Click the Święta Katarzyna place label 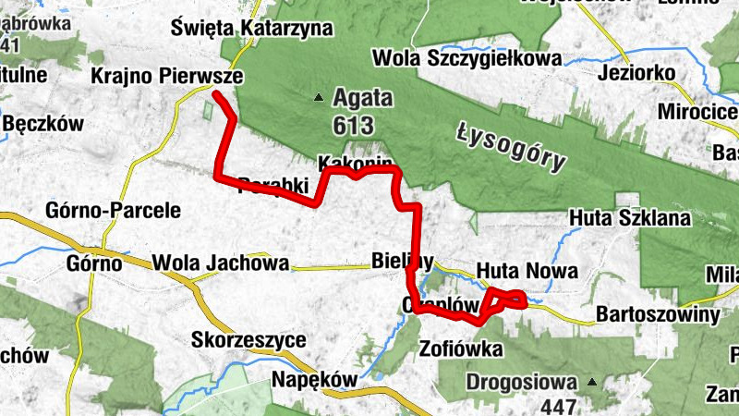click(x=251, y=29)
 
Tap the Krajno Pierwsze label click(x=167, y=77)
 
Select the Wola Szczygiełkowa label click(x=466, y=58)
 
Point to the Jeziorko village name click(x=638, y=74)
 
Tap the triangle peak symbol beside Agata click(x=320, y=96)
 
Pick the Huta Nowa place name click(x=527, y=271)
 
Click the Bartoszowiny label click(x=658, y=315)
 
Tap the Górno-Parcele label click(x=113, y=210)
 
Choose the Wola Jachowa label click(x=222, y=263)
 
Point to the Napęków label click(x=313, y=380)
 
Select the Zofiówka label click(x=460, y=349)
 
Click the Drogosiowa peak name click(x=521, y=381)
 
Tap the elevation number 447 click(x=561, y=405)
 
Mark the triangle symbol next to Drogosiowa click(x=591, y=381)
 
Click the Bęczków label click(x=43, y=123)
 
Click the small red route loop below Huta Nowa click(x=507, y=300)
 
